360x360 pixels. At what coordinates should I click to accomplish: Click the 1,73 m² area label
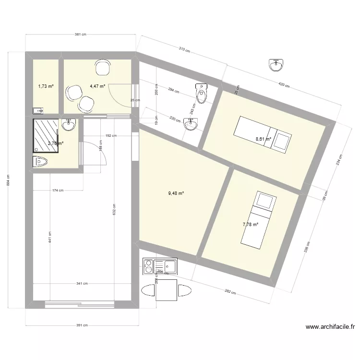point(46,87)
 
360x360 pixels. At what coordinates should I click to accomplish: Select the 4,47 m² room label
point(97,87)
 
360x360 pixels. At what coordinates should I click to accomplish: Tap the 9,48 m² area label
point(176,193)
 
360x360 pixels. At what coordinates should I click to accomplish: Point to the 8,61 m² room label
point(264,139)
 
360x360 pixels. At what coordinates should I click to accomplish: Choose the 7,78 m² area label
point(250,224)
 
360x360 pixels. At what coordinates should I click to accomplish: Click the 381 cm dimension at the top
point(80,34)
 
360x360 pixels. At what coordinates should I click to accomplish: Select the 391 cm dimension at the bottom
point(82,325)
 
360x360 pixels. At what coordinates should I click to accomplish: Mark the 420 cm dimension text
point(284,85)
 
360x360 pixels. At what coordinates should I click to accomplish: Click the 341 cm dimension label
point(82,284)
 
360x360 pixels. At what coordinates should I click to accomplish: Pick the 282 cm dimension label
point(230,291)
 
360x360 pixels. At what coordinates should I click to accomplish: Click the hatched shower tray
point(46,135)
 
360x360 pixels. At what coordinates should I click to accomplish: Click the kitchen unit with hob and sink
point(160,266)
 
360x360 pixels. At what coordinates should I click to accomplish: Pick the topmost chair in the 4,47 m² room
point(102,67)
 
